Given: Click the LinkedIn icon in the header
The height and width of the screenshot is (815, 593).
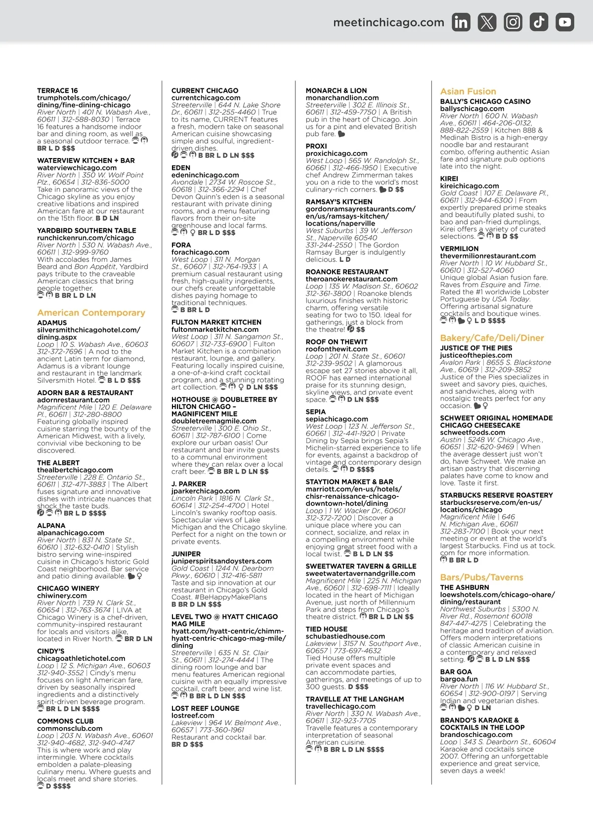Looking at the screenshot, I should [461, 22].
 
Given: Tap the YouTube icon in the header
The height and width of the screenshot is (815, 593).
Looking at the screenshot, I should [565, 22].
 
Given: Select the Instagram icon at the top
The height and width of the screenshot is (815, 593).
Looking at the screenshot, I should [513, 22].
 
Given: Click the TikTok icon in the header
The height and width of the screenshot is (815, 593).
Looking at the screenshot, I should [539, 22].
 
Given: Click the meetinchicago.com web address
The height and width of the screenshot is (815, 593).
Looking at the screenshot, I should [388, 22].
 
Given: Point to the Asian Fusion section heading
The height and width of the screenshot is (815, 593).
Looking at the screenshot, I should [468, 91].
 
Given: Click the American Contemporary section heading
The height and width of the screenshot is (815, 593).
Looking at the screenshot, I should [91, 313].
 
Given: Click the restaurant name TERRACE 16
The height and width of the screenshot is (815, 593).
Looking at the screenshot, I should [57, 90].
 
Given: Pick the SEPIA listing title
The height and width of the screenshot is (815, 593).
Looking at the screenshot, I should [315, 411].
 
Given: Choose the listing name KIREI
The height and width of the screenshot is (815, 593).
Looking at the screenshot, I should [449, 178].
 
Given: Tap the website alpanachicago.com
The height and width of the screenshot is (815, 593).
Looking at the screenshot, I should [70, 532].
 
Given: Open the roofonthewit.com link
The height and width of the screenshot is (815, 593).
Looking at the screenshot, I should [336, 349].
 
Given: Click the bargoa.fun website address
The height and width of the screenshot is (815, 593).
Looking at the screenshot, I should [459, 679].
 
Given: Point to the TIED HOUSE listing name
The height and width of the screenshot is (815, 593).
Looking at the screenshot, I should [326, 629].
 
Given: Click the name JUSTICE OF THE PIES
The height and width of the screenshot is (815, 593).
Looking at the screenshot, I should [476, 348].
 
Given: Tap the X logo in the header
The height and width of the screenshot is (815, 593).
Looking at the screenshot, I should [487, 22].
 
